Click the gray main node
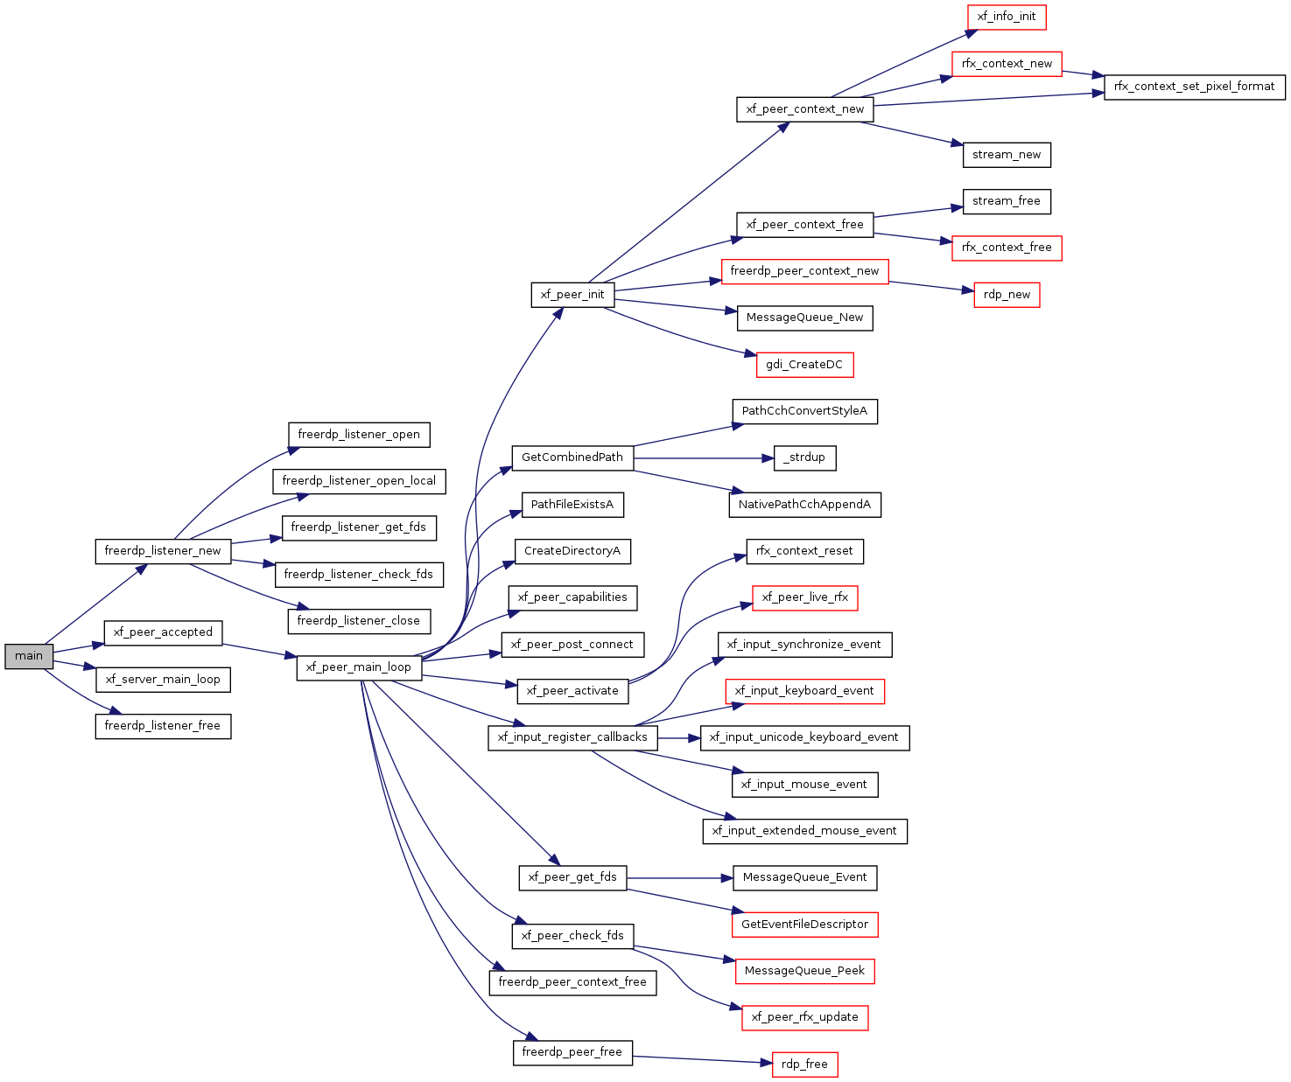coord(29,656)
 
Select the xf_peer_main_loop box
coord(359,667)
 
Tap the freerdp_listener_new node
coord(163,551)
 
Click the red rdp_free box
coord(804,1065)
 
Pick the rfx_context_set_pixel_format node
coord(1194,87)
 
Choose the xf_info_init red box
coord(1007,17)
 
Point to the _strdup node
coord(804,457)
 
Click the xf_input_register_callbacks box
coord(572,737)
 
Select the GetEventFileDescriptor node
coord(804,925)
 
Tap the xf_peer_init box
coord(572,295)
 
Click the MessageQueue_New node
coord(804,318)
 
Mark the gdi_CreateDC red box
coord(804,365)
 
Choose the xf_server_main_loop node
coord(163,680)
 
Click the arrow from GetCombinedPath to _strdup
coord(700,457)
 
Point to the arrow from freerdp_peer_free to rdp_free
coord(700,1059)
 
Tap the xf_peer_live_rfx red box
coord(804,597)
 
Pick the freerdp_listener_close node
coord(359,621)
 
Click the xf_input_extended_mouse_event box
coord(804,831)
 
